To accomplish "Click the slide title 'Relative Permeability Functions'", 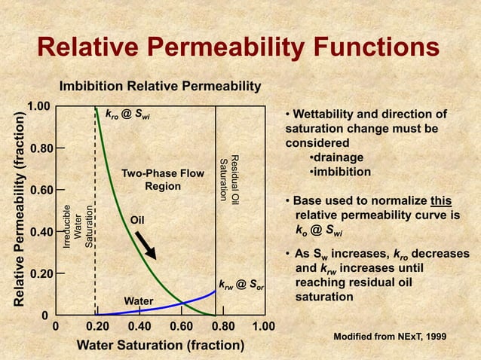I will pyautogui.click(x=238, y=49).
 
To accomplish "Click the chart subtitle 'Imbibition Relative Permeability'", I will pyautogui.click(x=160, y=87).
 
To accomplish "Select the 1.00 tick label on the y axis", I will pyautogui.click(x=39, y=106).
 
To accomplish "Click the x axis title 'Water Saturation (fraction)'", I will pyautogui.click(x=161, y=346).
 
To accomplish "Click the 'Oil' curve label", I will pyautogui.click(x=137, y=221).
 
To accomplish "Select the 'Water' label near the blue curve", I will pyautogui.click(x=139, y=301).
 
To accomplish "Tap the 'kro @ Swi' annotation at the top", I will pyautogui.click(x=127, y=115).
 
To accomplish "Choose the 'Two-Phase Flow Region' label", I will pyautogui.click(x=163, y=180).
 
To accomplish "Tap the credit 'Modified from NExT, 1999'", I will pyautogui.click(x=394, y=334).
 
